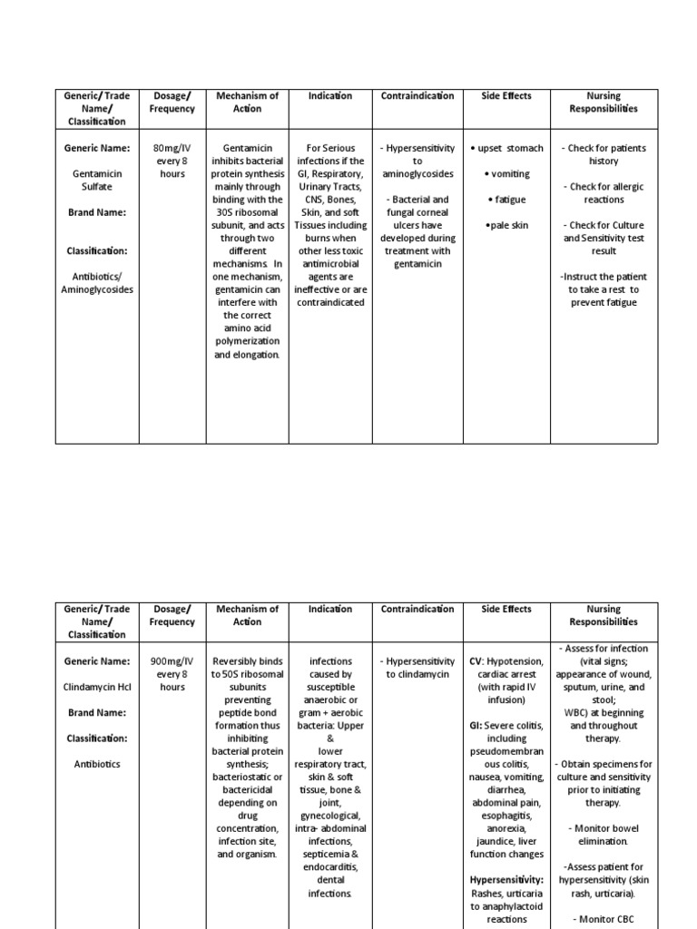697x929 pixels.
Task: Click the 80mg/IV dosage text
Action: [172, 148]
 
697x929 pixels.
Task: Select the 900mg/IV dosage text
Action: [172, 661]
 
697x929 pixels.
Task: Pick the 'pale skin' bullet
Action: [507, 225]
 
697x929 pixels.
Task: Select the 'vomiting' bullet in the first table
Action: [507, 173]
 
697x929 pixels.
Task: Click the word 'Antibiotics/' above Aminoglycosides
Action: [96, 277]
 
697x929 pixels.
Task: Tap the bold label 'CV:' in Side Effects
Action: [478, 661]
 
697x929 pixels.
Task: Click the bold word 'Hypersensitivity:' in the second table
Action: [506, 880]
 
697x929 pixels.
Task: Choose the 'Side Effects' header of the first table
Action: [506, 96]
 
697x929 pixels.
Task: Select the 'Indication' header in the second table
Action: [330, 609]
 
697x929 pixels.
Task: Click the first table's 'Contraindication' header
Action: [417, 96]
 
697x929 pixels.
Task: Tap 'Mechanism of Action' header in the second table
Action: [247, 615]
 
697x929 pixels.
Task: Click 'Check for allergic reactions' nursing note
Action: [604, 192]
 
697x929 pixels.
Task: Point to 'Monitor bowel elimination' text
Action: [604, 835]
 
